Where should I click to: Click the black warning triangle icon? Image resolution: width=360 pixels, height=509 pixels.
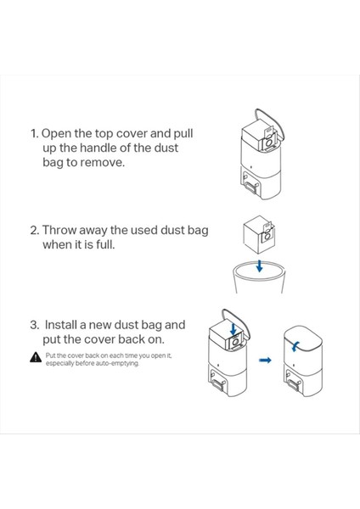point(35,357)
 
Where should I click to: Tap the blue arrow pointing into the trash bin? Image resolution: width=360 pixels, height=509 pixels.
point(259,266)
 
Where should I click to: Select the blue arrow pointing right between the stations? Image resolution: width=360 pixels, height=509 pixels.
point(265,360)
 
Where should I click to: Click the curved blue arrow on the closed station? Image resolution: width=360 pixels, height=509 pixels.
point(295,346)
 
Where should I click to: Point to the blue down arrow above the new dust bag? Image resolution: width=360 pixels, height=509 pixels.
point(233,328)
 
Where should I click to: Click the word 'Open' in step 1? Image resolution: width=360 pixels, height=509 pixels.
point(57,134)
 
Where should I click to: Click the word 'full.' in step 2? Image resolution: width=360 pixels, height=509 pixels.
point(105,244)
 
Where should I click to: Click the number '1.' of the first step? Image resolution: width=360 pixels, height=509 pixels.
point(35,134)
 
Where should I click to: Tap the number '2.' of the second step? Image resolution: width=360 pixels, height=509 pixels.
point(35,231)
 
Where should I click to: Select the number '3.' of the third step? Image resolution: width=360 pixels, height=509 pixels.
point(35,325)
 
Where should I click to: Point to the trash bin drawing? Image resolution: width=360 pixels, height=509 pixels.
point(259,277)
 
